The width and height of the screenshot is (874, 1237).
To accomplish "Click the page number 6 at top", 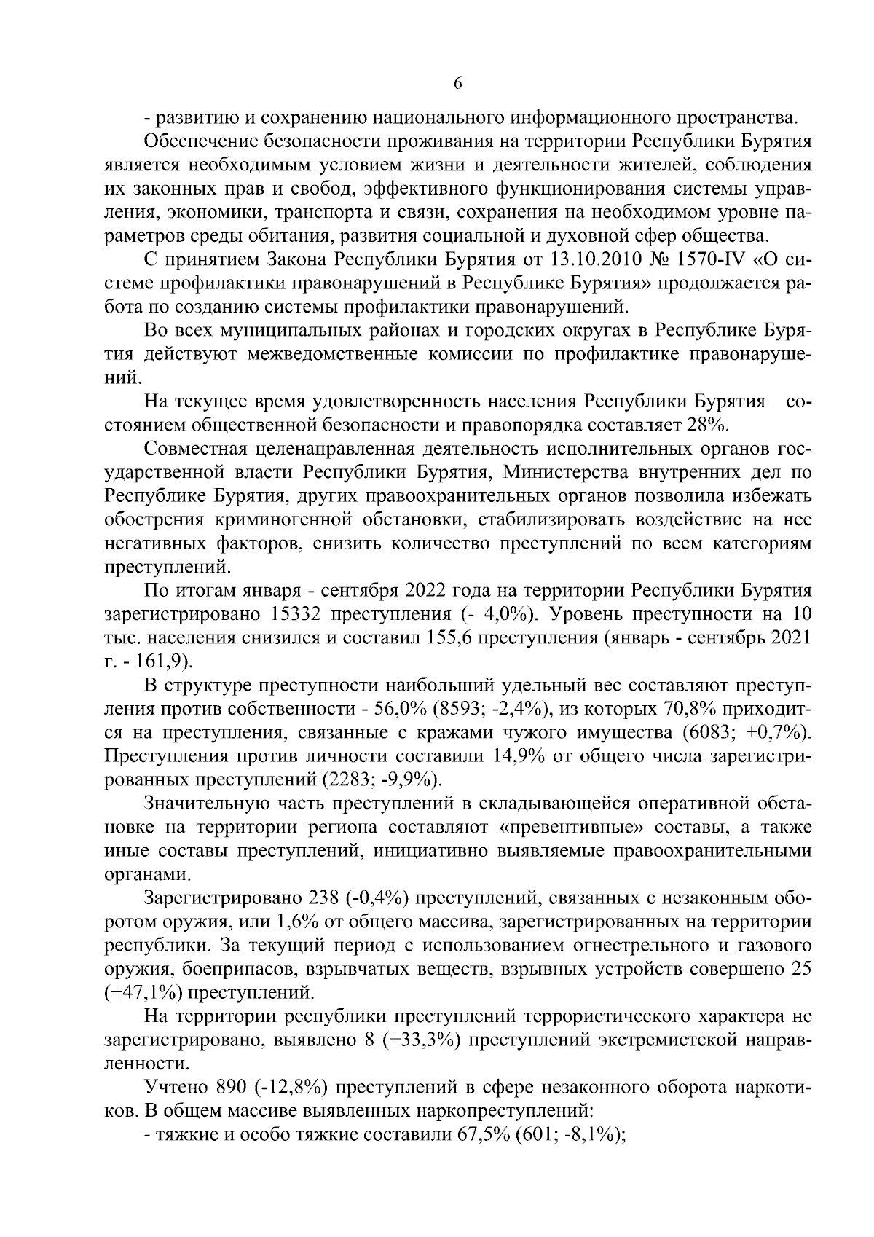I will point(457,85).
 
